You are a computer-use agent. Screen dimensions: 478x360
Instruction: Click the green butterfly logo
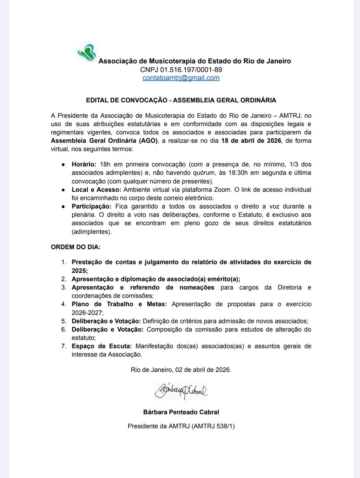coord(87,53)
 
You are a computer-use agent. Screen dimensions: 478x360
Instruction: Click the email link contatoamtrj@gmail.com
coord(181,78)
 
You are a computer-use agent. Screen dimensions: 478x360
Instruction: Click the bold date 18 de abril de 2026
coord(251,140)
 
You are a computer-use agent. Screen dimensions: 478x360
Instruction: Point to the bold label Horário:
coord(84,164)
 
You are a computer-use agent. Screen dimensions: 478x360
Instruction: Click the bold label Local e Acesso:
coord(96,190)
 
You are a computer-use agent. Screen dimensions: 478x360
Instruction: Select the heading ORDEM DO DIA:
coord(76,247)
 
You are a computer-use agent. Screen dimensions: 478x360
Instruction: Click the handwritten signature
coord(181,391)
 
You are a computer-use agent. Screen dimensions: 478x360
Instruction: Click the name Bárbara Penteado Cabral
coord(181,412)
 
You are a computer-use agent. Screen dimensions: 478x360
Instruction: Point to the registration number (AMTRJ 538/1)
coord(213,426)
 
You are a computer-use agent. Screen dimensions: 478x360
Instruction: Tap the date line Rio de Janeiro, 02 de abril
coord(181,370)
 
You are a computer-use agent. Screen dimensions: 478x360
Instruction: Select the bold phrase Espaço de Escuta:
coord(102,346)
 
